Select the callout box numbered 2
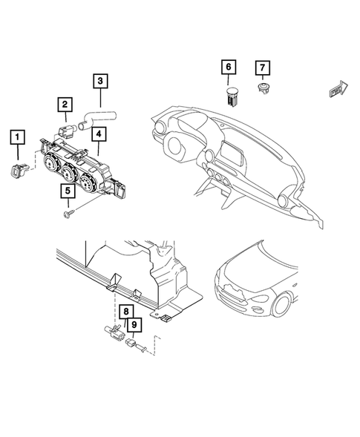[65, 105]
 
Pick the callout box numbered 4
[98, 135]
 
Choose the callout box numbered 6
[229, 68]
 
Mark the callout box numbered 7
[261, 68]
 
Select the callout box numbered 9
[134, 324]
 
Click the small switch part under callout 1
[20, 172]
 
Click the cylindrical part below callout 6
[229, 94]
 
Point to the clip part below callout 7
[261, 91]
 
